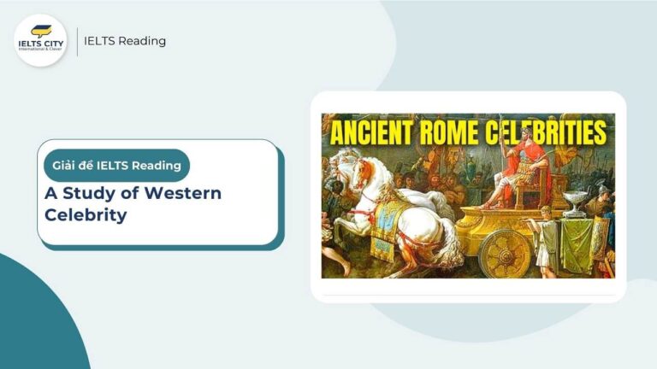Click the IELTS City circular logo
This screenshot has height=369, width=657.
click(x=40, y=40)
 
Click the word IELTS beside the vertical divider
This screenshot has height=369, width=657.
click(x=101, y=41)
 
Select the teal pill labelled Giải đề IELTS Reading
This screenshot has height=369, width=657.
click(x=116, y=165)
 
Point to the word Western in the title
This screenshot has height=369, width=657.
click(x=182, y=193)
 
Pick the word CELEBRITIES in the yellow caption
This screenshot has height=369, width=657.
click(x=555, y=134)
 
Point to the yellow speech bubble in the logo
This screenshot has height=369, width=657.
click(x=41, y=31)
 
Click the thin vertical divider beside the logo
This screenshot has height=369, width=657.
click(x=77, y=41)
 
